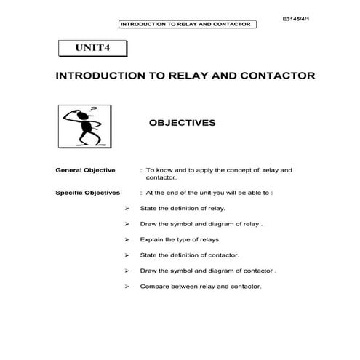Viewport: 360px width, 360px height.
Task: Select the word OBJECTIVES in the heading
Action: point(182,123)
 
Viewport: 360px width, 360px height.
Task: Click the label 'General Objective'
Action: point(85,170)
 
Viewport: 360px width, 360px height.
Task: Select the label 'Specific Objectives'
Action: point(89,193)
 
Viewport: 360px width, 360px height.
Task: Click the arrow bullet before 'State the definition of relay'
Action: point(127,209)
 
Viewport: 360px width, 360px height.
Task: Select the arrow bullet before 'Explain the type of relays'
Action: point(127,239)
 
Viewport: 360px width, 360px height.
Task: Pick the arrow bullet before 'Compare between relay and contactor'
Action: point(127,286)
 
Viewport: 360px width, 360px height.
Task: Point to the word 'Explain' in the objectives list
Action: point(152,239)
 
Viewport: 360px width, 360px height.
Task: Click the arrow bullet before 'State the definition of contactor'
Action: point(127,255)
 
